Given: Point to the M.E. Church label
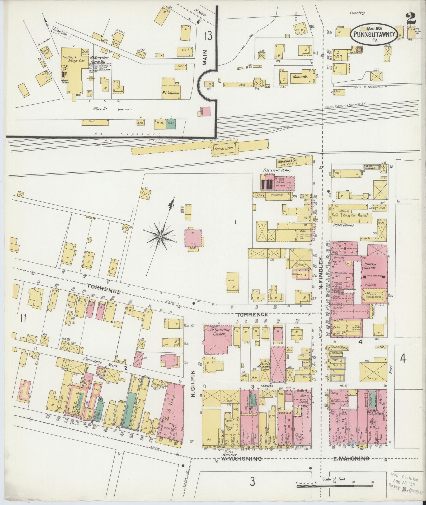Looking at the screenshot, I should click(x=171, y=93).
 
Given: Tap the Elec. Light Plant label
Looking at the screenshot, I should click(x=277, y=171).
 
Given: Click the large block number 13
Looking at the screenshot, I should click(x=208, y=36).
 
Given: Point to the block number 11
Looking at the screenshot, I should click(x=23, y=319).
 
